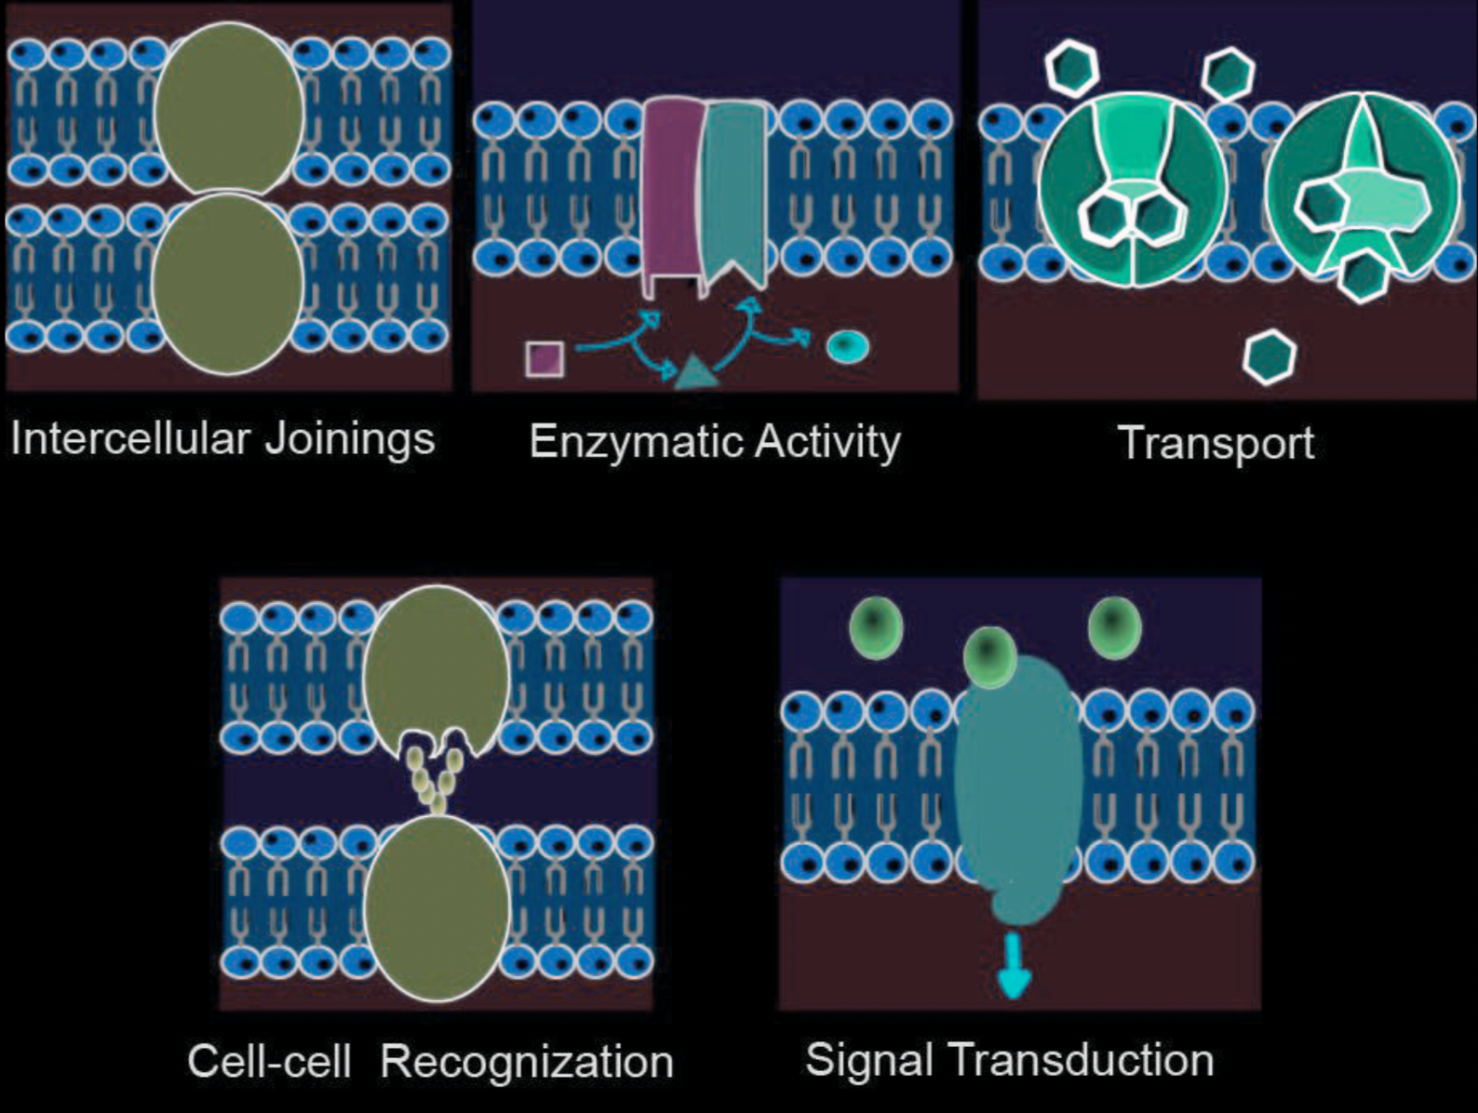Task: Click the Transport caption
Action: tap(1215, 443)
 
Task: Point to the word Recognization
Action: tap(527, 1062)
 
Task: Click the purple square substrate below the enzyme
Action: tap(544, 358)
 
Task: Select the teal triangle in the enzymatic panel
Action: tap(694, 372)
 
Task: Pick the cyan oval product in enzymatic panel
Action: tap(847, 347)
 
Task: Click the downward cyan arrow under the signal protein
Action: tap(1013, 968)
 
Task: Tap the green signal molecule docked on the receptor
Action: tap(989, 656)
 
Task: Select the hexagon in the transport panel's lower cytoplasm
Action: tap(1270, 356)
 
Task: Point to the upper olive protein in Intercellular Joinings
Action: tap(229, 110)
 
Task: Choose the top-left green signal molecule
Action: tap(876, 626)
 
